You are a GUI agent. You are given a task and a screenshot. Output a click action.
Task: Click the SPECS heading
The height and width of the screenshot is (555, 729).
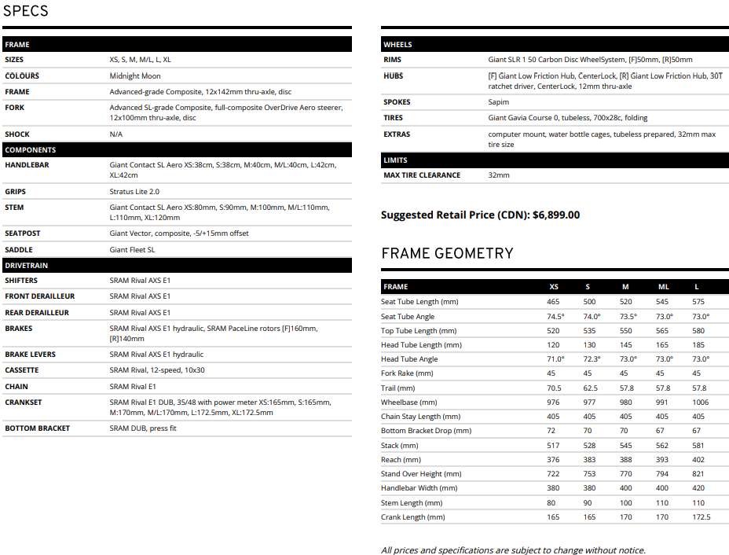26,11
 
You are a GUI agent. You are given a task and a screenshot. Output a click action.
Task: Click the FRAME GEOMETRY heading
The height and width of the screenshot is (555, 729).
447,253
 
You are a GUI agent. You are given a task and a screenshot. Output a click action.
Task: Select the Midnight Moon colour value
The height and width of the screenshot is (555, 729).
135,76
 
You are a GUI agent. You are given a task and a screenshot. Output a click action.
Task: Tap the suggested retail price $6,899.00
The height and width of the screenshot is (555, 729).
556,215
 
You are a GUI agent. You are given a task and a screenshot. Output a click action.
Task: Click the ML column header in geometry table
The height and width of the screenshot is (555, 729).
663,287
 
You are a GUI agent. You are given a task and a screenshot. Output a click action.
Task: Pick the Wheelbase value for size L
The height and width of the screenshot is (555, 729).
699,402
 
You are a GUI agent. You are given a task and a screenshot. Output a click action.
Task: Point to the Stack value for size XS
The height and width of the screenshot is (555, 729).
554,446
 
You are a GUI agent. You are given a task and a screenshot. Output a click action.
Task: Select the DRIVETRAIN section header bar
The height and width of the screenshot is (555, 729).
177,266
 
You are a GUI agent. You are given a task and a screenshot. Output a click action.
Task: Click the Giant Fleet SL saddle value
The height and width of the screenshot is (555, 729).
132,250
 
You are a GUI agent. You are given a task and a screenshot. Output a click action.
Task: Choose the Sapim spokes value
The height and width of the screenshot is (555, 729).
499,102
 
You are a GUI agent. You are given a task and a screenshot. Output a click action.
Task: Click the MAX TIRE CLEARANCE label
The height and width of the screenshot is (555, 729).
422,175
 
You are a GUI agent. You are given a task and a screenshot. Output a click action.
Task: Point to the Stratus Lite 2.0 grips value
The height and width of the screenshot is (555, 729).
134,192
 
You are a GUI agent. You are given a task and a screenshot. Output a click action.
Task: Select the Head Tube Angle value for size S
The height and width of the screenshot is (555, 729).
592,359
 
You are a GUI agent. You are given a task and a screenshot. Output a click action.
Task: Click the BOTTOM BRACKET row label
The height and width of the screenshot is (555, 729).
37,428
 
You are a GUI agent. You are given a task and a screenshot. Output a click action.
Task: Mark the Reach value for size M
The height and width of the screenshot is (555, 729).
625,460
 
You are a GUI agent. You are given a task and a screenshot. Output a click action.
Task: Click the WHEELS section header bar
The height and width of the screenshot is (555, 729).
555,45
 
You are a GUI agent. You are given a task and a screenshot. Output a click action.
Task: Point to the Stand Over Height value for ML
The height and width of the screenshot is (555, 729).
663,474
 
